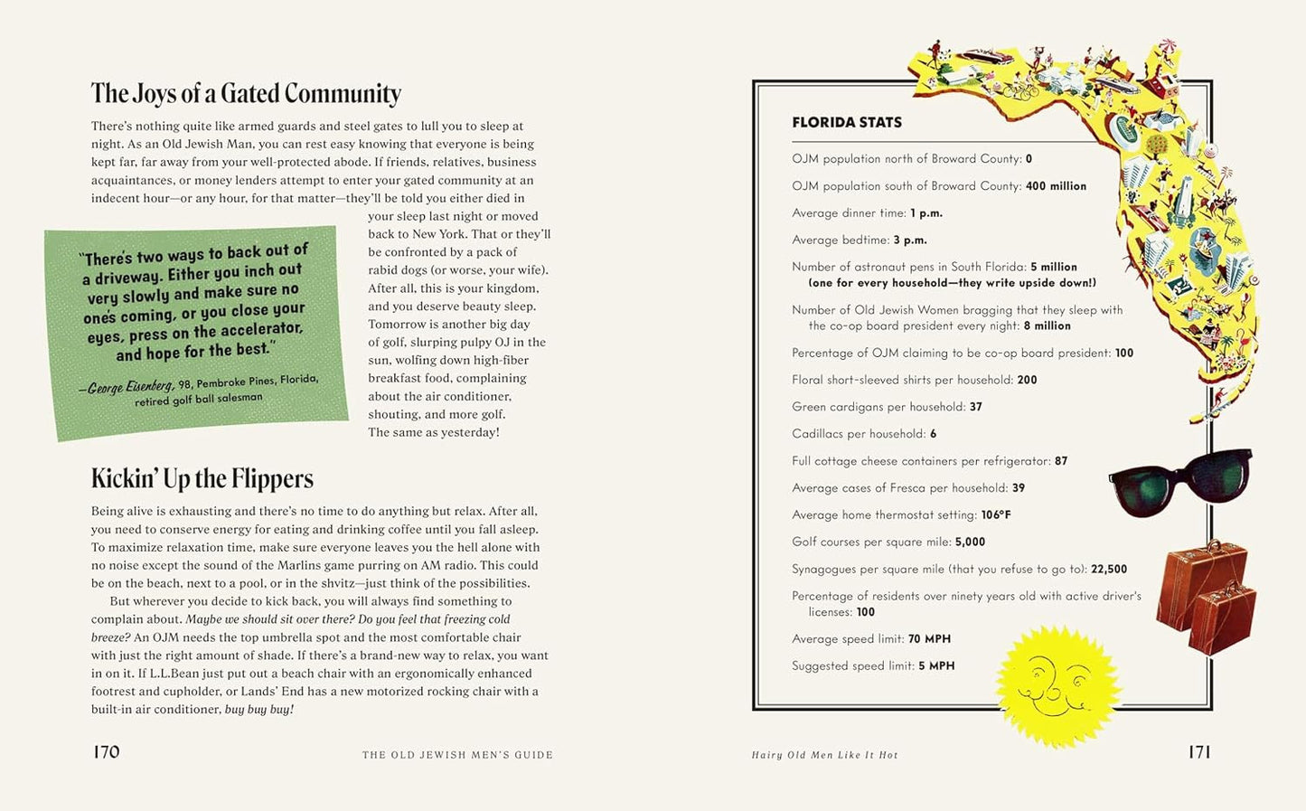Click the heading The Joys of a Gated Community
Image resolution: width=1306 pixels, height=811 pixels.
(246, 94)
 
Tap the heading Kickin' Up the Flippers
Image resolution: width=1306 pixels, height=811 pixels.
(202, 478)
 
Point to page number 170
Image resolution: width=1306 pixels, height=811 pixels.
(107, 752)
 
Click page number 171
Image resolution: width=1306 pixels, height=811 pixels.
(1198, 752)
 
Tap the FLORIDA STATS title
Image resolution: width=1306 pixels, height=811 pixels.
(847, 123)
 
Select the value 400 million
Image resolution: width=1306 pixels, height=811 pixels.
(1056, 186)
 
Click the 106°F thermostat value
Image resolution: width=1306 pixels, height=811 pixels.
(996, 515)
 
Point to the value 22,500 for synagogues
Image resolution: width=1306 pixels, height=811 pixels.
(1109, 570)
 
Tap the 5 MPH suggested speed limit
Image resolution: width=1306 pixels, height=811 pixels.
(936, 666)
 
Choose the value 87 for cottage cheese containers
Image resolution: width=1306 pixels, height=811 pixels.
(1061, 461)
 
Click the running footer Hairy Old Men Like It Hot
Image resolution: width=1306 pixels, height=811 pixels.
(824, 755)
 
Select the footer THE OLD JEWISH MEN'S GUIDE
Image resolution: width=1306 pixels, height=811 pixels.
(457, 755)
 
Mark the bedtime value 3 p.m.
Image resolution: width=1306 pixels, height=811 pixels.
(910, 240)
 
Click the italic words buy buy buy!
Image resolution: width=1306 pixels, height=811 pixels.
(258, 710)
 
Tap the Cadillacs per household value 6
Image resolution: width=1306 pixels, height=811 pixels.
(933, 434)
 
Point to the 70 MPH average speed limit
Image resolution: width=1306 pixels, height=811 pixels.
(929, 639)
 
